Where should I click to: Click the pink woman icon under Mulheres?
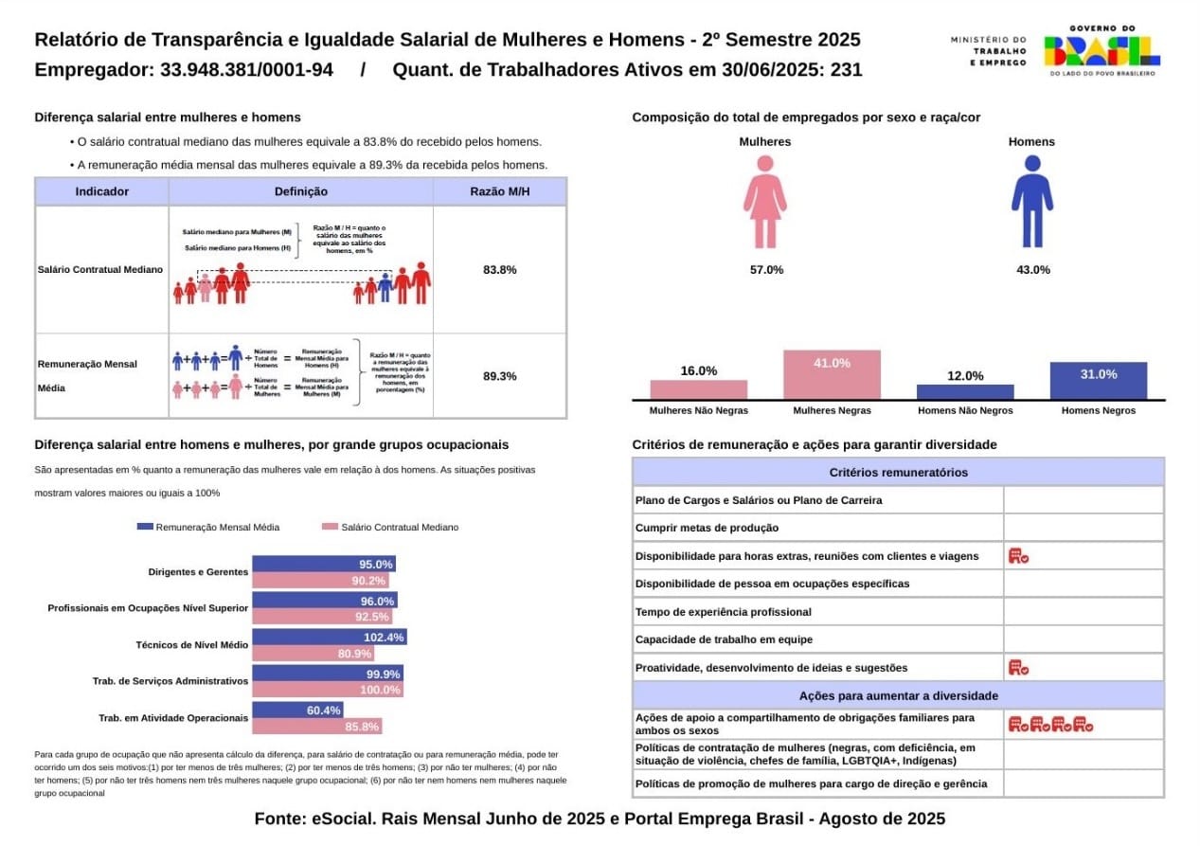[x=764, y=201]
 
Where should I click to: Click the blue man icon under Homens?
[x=1031, y=201]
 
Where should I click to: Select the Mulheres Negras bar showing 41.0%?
[x=832, y=375]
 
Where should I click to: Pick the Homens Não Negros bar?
[x=965, y=391]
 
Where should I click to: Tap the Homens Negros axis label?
[x=1099, y=411]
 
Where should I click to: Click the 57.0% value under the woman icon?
[x=766, y=270]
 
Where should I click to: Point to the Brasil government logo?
[x=1101, y=51]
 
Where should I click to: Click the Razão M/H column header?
[x=499, y=191]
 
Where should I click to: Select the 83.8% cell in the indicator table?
[x=499, y=270]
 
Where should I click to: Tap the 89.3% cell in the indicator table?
[x=499, y=376]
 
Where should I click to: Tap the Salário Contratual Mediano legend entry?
[x=390, y=527]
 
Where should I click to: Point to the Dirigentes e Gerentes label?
[x=198, y=572]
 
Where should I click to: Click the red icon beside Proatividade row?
[x=1018, y=668]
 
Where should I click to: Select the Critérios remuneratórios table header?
[x=898, y=473]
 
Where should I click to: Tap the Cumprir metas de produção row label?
[x=707, y=528]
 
